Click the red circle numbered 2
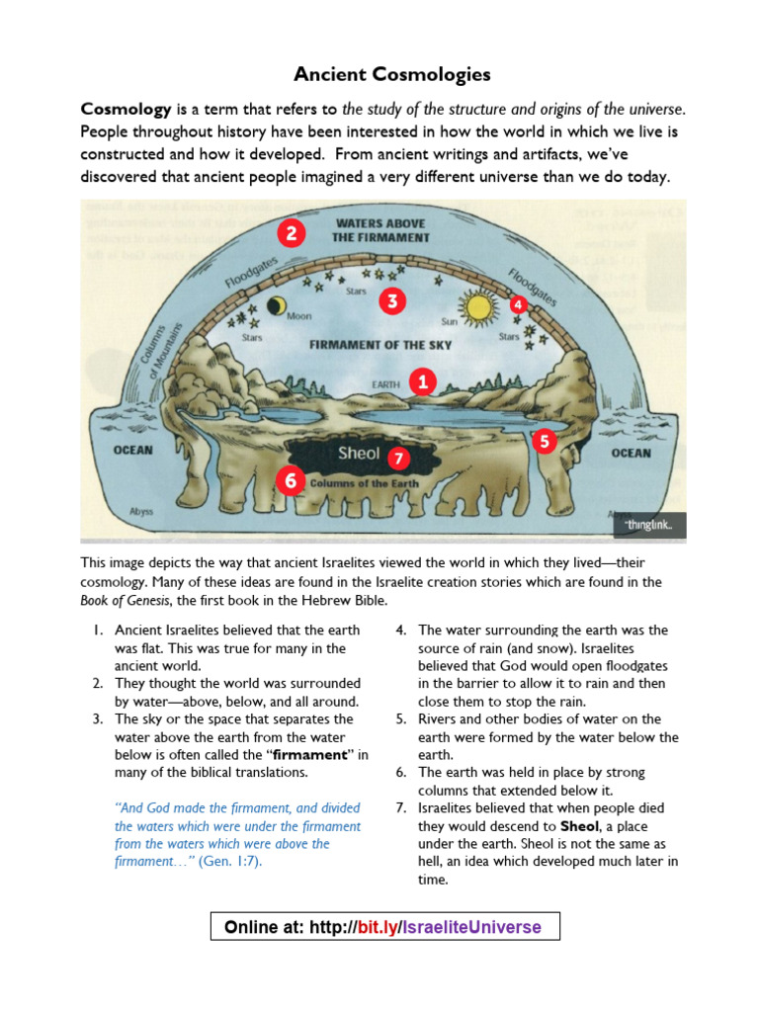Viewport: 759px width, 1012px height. pyautogui.click(x=290, y=234)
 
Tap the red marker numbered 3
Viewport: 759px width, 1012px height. pyautogui.click(x=392, y=301)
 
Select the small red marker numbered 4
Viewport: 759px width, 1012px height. pyautogui.click(x=518, y=305)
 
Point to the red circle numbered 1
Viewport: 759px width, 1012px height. pyautogui.click(x=423, y=380)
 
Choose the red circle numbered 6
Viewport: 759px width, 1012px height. pyautogui.click(x=290, y=481)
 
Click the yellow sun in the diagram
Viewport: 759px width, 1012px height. pyautogui.click(x=479, y=307)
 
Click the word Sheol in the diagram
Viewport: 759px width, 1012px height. pyautogui.click(x=359, y=454)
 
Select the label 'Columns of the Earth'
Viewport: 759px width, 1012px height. pyautogui.click(x=365, y=484)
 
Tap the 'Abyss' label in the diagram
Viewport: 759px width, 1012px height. pyautogui.click(x=141, y=512)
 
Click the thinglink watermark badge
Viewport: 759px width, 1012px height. pyautogui.click(x=648, y=526)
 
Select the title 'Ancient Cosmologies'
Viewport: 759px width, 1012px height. pyautogui.click(x=379, y=75)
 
